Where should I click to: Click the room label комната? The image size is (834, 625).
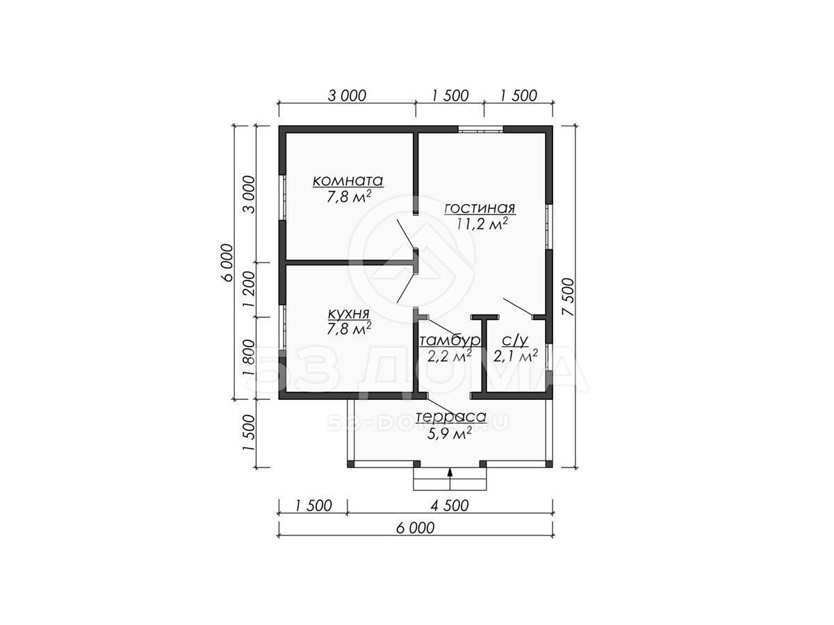click(x=347, y=181)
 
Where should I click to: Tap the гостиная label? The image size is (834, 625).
click(x=480, y=208)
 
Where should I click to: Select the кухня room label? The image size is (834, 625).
click(x=348, y=314)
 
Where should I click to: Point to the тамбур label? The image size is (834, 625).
click(x=450, y=341)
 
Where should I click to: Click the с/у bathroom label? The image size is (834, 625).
click(x=515, y=341)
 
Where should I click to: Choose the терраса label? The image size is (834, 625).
click(x=451, y=417)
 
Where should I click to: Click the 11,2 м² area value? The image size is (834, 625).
click(x=482, y=224)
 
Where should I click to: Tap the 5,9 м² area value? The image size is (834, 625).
click(x=450, y=433)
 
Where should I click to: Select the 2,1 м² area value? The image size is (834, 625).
click(x=515, y=356)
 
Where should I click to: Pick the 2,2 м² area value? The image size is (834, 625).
click(x=450, y=356)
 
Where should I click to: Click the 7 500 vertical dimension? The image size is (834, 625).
click(x=569, y=297)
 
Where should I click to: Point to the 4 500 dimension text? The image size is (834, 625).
click(x=450, y=506)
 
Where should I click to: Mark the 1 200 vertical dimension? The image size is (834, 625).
click(x=250, y=289)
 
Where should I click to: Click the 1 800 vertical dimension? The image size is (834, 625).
click(x=250, y=358)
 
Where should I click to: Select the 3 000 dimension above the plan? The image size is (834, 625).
click(x=347, y=96)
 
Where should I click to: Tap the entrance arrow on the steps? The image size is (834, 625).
click(x=450, y=479)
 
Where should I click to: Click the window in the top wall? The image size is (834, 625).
click(x=480, y=129)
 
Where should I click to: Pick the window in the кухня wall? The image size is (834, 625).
click(x=282, y=326)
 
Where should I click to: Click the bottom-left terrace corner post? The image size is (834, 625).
click(x=351, y=464)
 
